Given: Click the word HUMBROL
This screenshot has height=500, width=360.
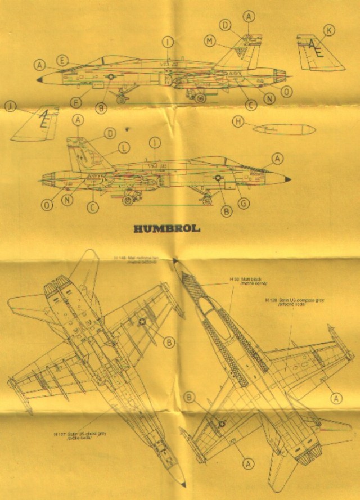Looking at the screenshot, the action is (168, 229).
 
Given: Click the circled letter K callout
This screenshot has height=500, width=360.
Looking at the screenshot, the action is (328, 29).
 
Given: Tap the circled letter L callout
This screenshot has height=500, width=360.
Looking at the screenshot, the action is (123, 147).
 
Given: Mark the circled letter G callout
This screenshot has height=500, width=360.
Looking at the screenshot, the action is (244, 203).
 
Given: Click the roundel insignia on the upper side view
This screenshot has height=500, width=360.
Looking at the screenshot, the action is (111, 78).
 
